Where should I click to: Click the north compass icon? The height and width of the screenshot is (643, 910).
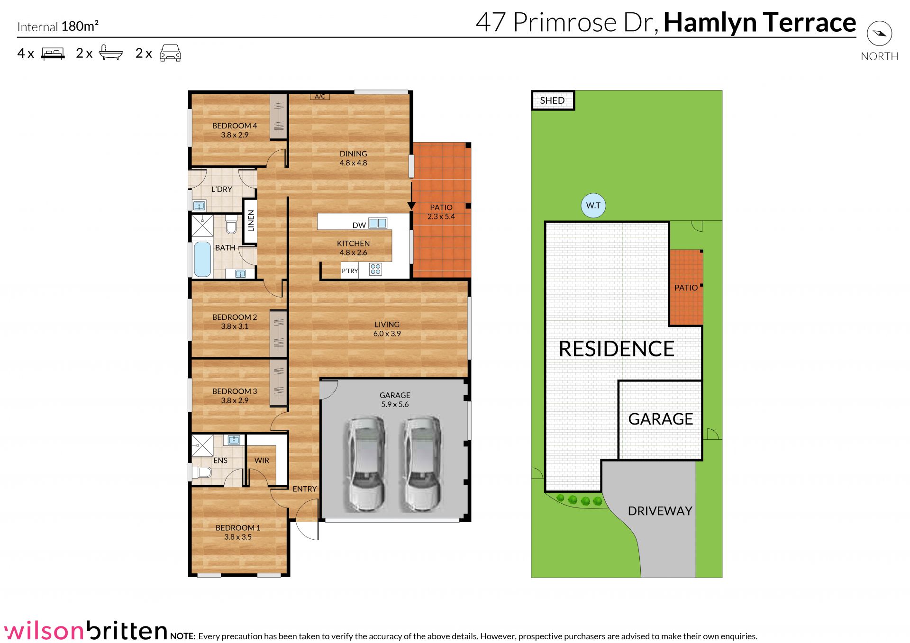879,33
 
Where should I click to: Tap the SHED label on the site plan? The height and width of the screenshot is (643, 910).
552,100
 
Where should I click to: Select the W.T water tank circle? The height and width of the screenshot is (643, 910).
593,206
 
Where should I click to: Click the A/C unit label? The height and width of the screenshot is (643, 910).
320,97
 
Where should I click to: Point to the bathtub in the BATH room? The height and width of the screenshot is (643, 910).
202,259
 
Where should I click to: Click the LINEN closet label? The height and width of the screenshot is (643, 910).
251,221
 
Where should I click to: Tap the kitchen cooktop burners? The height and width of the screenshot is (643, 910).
375,270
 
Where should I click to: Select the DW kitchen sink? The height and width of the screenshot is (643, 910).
378,223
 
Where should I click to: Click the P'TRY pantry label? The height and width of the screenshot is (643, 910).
350,271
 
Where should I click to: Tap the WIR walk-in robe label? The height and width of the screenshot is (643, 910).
262,461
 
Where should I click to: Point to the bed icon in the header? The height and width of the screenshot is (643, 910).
53,53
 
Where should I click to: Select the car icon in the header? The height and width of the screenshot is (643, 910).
171,53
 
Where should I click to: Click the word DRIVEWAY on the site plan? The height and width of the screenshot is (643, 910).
660,511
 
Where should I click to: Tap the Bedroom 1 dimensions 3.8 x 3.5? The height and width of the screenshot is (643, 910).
238,537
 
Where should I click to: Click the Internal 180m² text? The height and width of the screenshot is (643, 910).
58,27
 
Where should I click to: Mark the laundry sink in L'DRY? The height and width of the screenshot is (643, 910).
200,206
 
